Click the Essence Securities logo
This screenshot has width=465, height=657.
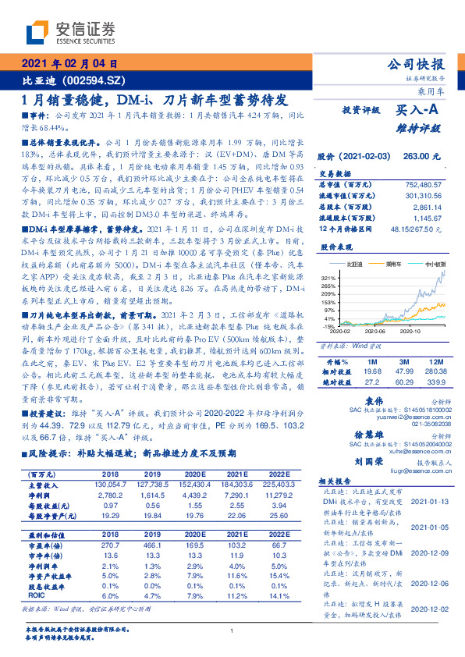(70, 32)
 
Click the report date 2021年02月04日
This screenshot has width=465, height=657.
(69, 64)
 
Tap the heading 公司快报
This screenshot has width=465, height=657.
(417, 65)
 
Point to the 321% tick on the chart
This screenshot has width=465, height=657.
(329, 279)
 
